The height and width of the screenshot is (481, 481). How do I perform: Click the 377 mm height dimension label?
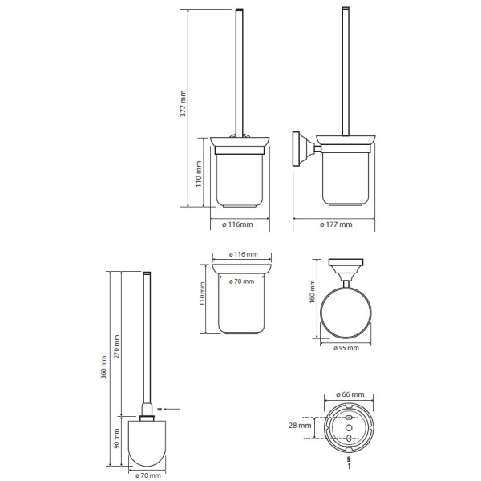tap(183, 103)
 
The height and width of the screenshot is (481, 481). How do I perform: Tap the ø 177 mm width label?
tap(336, 224)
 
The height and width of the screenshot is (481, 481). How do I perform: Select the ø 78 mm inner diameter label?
tap(242, 281)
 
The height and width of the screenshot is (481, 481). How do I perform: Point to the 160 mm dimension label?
tap(313, 292)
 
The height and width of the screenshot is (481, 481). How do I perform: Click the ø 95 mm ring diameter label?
tap(346, 348)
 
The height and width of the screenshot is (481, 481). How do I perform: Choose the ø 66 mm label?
tap(350, 394)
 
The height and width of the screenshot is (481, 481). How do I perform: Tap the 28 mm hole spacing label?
tap(300, 426)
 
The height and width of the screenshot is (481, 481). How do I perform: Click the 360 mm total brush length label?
tap(103, 367)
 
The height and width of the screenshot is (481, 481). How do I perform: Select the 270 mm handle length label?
tap(116, 346)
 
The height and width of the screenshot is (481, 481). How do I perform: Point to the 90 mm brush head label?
tap(116, 439)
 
